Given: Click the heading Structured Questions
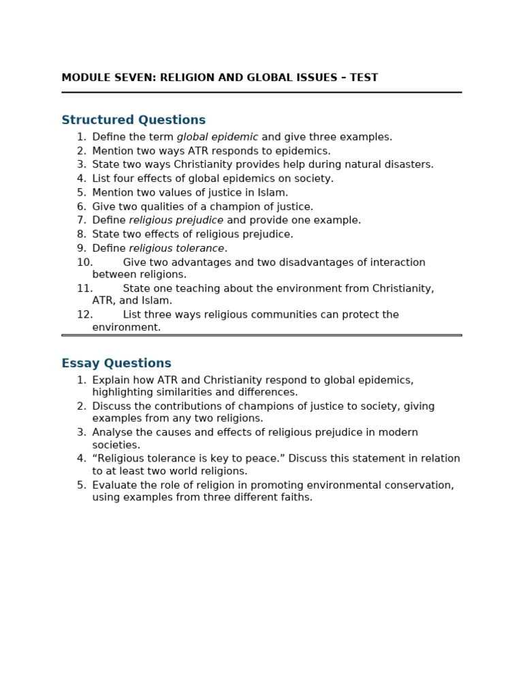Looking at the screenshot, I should tap(133, 121).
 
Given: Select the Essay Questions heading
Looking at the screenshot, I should tap(116, 364).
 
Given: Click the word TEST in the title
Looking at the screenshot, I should tap(364, 78).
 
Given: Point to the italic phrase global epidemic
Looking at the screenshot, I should tap(217, 137).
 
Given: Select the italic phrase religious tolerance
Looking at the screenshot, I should tap(176, 249).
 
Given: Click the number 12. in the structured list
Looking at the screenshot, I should tap(84, 315).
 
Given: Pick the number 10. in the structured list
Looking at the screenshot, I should tap(84, 262).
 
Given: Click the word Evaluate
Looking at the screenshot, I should tap(114, 485).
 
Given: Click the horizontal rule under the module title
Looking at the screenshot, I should tap(261, 92).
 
